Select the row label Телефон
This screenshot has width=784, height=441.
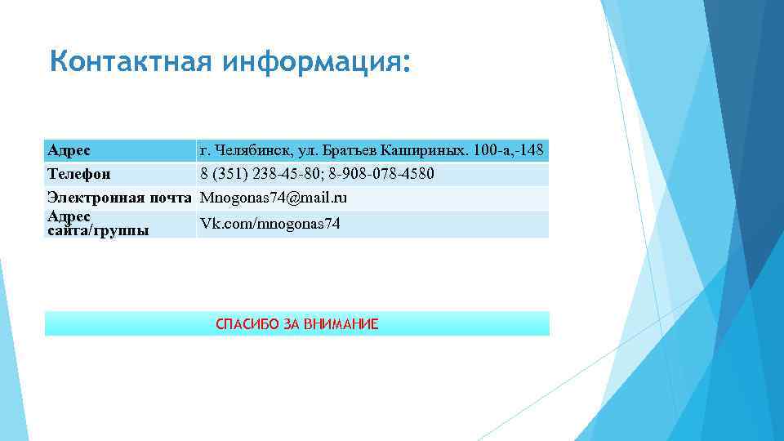[79, 174]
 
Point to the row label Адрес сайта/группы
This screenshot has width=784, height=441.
[97, 223]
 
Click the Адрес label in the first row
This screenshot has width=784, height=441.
[69, 150]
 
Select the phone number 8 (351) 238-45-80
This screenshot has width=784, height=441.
[254, 174]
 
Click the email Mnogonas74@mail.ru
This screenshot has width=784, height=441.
[274, 198]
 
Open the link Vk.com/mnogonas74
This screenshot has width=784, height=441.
[270, 224]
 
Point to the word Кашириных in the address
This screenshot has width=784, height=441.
[425, 150]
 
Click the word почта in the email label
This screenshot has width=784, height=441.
[171, 198]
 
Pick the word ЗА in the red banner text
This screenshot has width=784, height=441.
[292, 324]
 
